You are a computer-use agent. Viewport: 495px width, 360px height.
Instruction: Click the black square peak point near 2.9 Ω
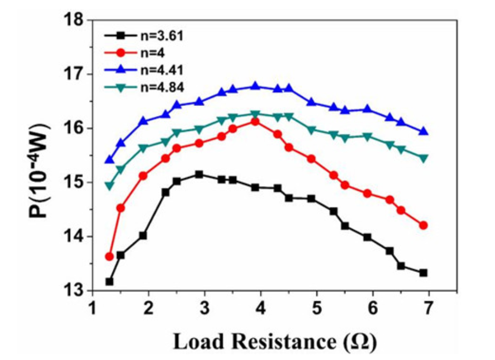(199, 174)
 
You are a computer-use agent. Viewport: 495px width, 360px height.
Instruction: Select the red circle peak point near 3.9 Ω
(255, 121)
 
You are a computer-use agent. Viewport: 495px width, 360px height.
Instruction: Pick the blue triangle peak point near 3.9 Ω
(255, 86)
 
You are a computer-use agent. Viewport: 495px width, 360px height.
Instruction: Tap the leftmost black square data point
(109, 281)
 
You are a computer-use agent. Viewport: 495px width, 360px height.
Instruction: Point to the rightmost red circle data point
(423, 225)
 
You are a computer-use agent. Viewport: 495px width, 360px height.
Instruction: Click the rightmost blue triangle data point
(423, 132)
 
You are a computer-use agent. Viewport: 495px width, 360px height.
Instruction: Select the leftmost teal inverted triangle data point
(109, 186)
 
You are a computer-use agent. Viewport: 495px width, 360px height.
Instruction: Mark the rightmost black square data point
(423, 273)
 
